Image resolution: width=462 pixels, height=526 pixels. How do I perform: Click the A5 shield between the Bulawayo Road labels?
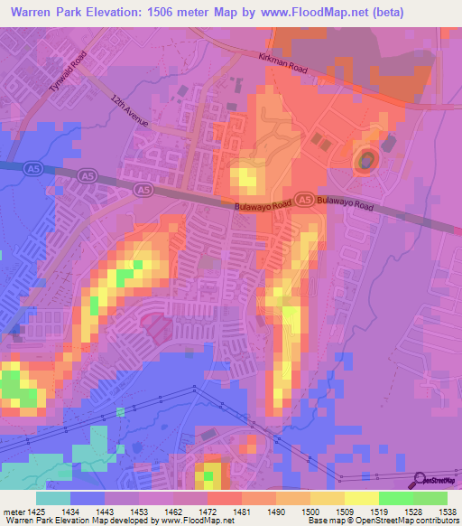coord(306,200)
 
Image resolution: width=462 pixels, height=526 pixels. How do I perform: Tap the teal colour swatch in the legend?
coord(53,498)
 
